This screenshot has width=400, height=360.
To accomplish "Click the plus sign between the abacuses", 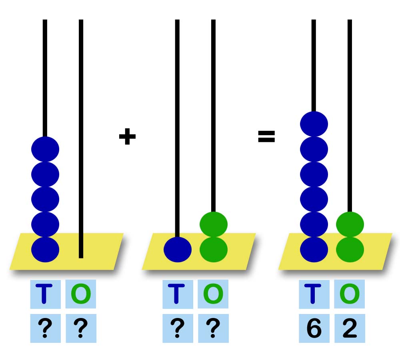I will [x=127, y=137].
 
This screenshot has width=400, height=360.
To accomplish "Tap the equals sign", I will [x=266, y=137].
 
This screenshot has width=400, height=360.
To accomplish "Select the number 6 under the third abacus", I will [x=314, y=329].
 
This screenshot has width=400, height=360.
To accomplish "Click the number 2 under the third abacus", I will [x=349, y=329].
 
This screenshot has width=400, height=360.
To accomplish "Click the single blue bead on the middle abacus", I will [x=177, y=250].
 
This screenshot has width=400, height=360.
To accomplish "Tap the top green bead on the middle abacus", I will [x=214, y=224].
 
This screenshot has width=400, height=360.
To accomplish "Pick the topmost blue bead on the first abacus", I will [x=45, y=149].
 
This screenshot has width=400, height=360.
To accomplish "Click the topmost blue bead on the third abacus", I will [x=314, y=124].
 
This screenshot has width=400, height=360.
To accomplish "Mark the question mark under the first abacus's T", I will [x=45, y=329].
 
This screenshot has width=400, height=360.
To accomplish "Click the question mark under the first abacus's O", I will [x=81, y=329].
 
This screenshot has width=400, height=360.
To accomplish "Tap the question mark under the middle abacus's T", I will [x=177, y=329].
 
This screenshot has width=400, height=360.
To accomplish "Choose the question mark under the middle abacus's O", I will [x=213, y=329].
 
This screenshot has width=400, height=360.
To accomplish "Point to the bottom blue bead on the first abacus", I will [x=45, y=250].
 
